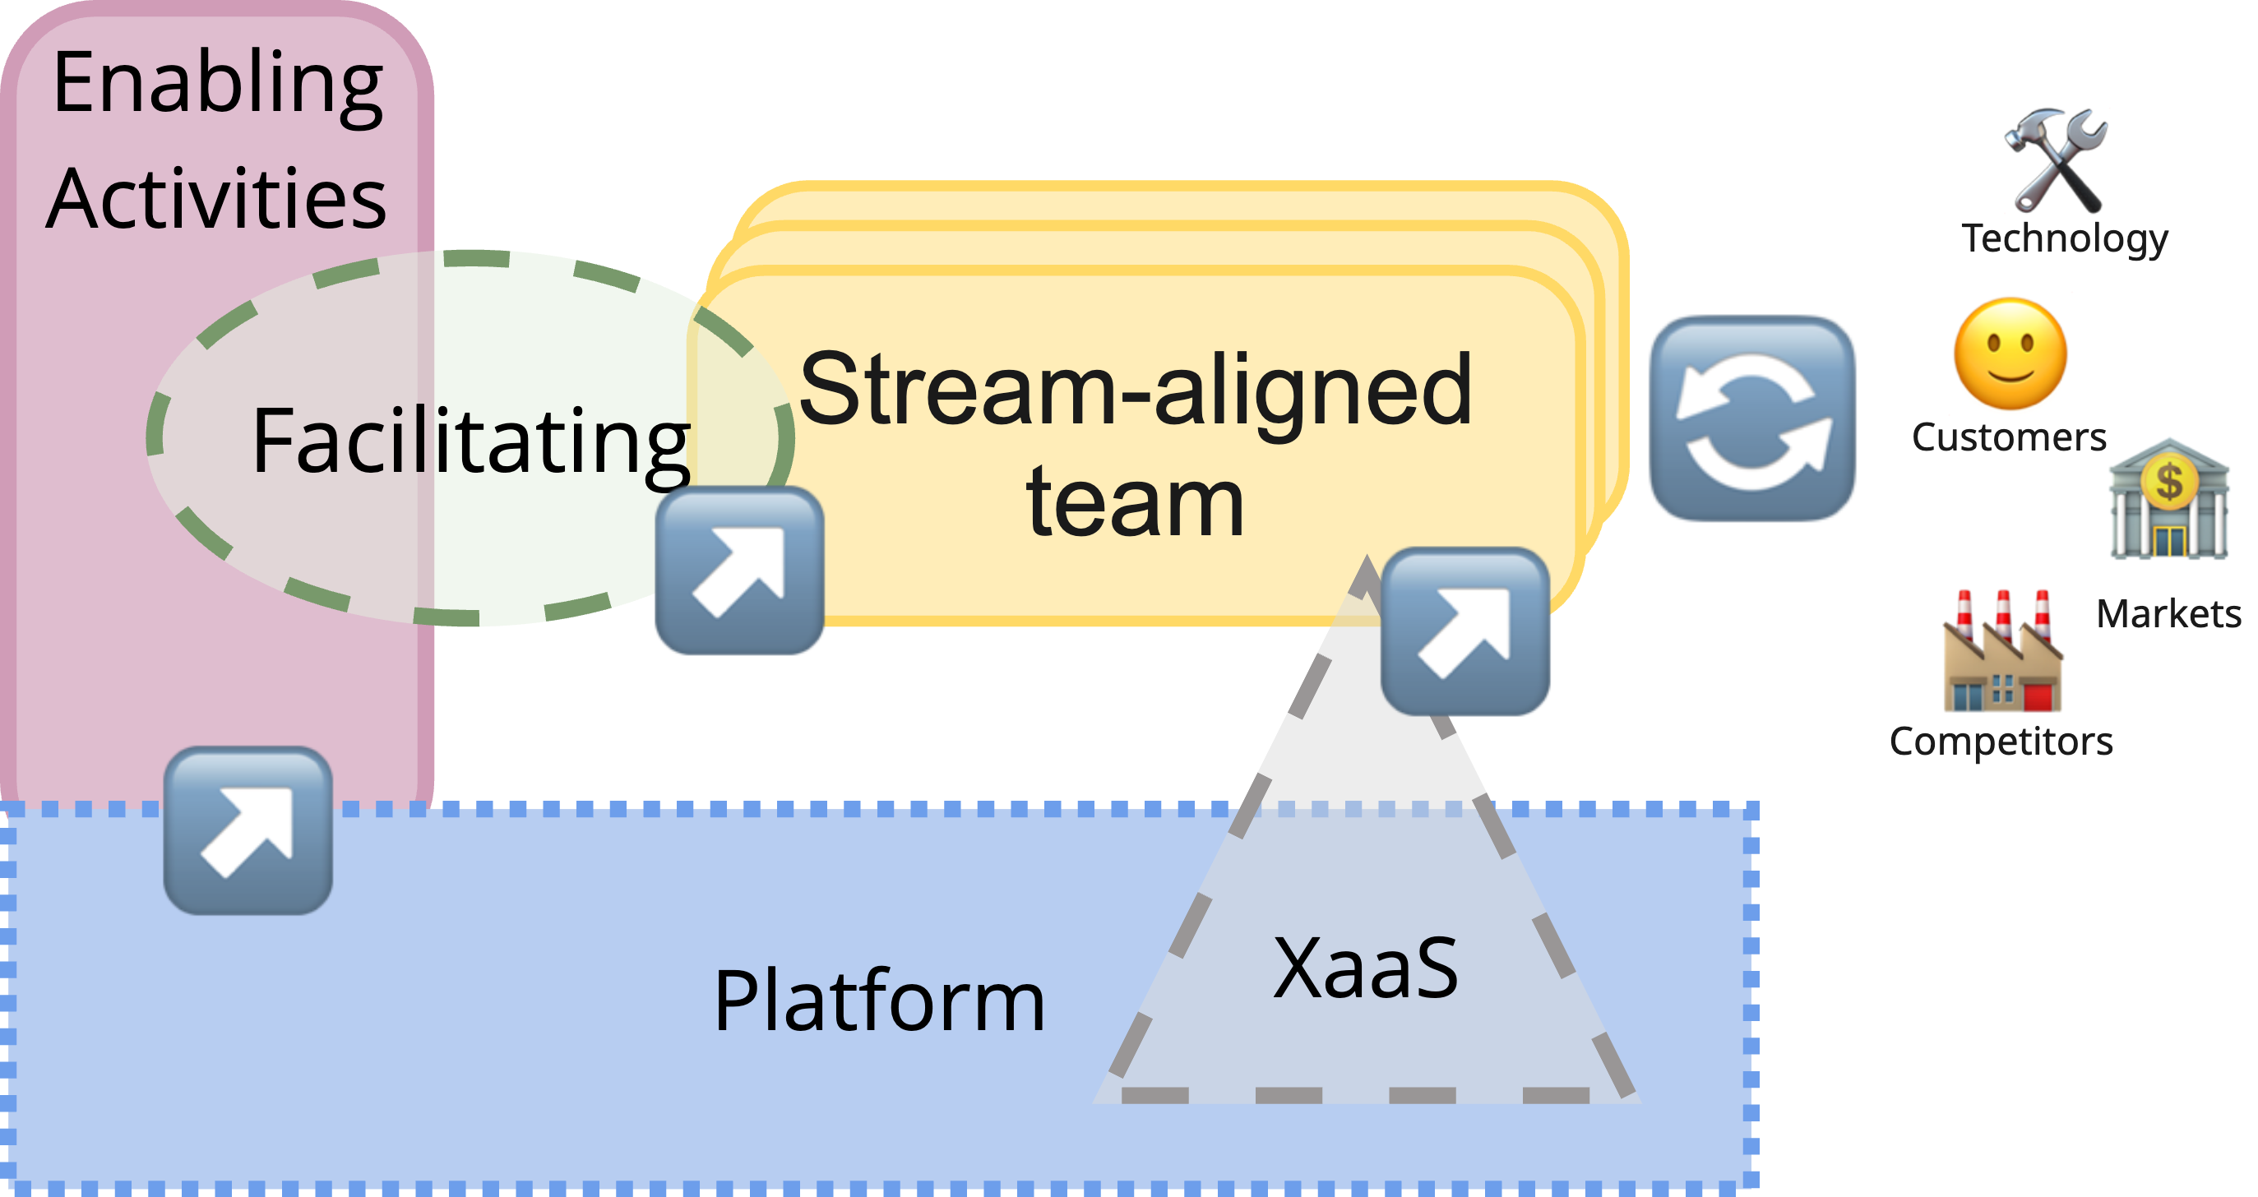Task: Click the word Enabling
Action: coord(217,84)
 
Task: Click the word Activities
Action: coord(215,200)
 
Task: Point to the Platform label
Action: coord(879,1001)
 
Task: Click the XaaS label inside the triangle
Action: coord(1366,968)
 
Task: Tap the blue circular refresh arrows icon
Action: coord(1752,418)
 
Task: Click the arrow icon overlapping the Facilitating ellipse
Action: coord(740,571)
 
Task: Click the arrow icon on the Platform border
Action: coord(248,830)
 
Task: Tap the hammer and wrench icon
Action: coord(2057,159)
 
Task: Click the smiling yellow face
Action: coord(2010,354)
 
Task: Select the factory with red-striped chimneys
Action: coord(2002,653)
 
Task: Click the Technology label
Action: coord(2064,238)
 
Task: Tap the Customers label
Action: coord(2008,437)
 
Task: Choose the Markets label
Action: coord(2168,614)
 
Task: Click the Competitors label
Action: coord(2001,742)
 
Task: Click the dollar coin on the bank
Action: coord(2168,481)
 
